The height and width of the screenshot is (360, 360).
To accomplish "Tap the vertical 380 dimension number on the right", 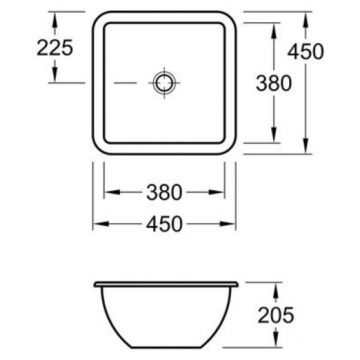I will pos(274,82).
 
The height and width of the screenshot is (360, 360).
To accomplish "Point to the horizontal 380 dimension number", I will pos(165,191).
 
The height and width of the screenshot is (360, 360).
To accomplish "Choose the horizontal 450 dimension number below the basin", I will pos(165,223).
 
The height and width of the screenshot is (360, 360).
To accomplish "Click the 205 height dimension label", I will pos(275,314).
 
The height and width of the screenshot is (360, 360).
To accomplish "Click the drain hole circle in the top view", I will pos(164,82).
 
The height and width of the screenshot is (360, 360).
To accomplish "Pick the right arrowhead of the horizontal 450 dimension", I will pos(231,223).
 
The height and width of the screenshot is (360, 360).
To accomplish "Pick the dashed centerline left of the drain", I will pos(124,82).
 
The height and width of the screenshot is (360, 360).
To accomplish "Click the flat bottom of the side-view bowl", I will pos(165,348).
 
